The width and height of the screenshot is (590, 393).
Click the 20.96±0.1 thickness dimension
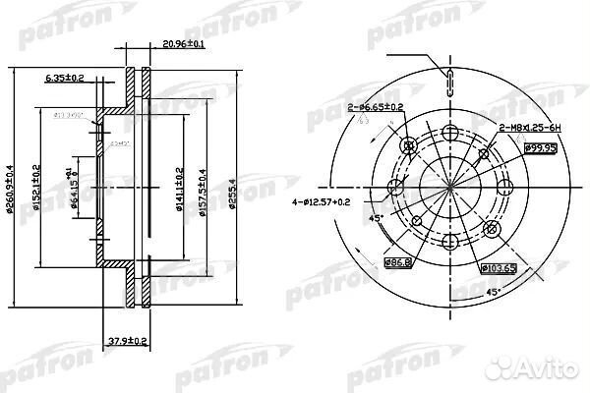[183, 44]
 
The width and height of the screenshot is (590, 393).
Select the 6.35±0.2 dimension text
[65, 76]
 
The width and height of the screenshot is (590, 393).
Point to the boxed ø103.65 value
[498, 266]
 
